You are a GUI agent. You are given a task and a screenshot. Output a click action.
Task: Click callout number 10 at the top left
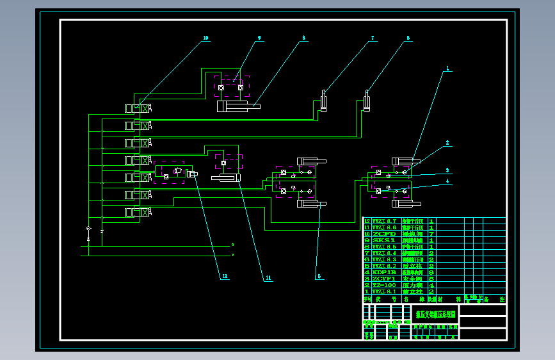[205, 38]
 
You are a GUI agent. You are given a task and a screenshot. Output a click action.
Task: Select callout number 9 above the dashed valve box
[259, 38]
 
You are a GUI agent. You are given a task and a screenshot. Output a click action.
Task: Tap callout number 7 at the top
[372, 38]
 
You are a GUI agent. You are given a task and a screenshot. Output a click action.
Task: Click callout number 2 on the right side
[448, 143]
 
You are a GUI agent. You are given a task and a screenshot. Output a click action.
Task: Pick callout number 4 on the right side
[448, 181]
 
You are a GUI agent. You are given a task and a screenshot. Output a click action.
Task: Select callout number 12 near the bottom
[225, 277]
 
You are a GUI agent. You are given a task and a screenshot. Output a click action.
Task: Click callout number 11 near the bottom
[268, 277]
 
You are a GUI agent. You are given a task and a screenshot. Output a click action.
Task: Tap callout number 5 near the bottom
[318, 277]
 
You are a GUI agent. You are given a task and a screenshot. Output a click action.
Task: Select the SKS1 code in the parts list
[383, 240]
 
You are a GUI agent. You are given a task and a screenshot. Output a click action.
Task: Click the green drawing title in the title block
[435, 315]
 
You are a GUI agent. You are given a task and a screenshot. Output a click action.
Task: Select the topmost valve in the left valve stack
[138, 108]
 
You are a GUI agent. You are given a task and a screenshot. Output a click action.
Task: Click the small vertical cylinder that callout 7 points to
[324, 101]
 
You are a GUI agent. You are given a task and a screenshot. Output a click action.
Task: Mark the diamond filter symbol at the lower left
[88, 229]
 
